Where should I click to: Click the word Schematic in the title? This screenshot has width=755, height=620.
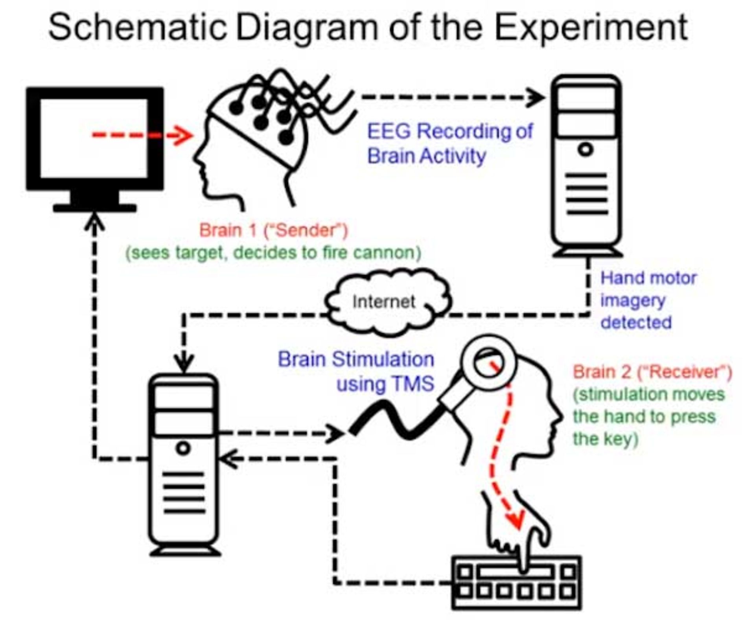[x=138, y=28]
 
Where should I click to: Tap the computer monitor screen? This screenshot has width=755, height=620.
[x=94, y=138]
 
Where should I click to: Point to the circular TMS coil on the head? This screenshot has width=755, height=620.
[x=488, y=362]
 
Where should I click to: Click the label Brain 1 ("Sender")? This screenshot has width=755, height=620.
[x=274, y=230]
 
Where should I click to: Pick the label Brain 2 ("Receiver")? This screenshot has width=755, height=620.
[x=652, y=372]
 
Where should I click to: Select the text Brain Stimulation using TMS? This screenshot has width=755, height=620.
[x=356, y=372]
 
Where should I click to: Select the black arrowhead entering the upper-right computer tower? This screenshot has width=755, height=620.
[x=537, y=97]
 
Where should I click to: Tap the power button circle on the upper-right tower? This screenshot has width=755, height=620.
[x=586, y=149]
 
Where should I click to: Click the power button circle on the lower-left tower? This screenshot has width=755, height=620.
[x=183, y=448]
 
